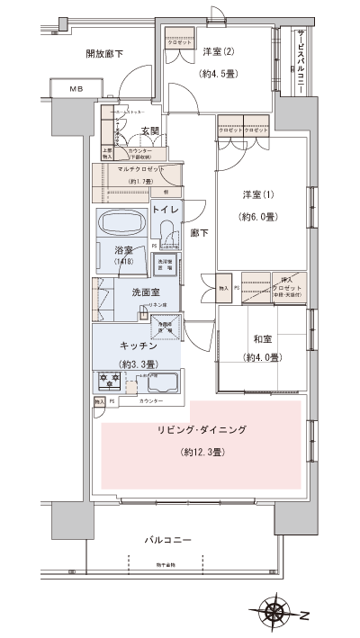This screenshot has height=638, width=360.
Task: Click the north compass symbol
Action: click(x=276, y=616)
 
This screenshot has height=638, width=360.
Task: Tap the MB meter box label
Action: click(x=73, y=88)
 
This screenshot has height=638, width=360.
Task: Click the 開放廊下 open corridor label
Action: click(x=104, y=54)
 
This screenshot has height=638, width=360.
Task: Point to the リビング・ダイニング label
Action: click(x=203, y=431)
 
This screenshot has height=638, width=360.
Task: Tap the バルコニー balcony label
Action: click(x=169, y=540)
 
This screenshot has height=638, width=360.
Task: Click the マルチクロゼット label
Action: click(x=136, y=168)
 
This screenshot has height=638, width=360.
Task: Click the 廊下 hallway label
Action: click(x=200, y=232)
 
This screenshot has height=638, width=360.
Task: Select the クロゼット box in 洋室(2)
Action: click(x=178, y=43)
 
